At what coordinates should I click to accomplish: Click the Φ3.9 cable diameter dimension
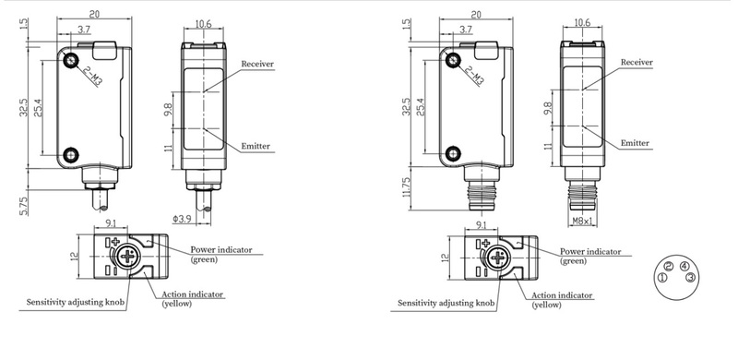pos(182,219)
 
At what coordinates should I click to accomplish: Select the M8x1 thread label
pos(584,221)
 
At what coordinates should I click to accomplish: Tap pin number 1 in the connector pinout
pos(662,278)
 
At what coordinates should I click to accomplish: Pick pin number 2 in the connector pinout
pos(671,267)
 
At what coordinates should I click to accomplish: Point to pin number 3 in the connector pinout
pos(690,278)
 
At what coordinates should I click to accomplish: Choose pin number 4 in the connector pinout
pos(684,267)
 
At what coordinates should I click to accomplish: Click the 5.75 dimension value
pos(24,206)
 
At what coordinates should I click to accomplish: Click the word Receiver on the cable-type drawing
pos(257,64)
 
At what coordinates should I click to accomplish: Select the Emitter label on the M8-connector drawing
pos(635,143)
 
